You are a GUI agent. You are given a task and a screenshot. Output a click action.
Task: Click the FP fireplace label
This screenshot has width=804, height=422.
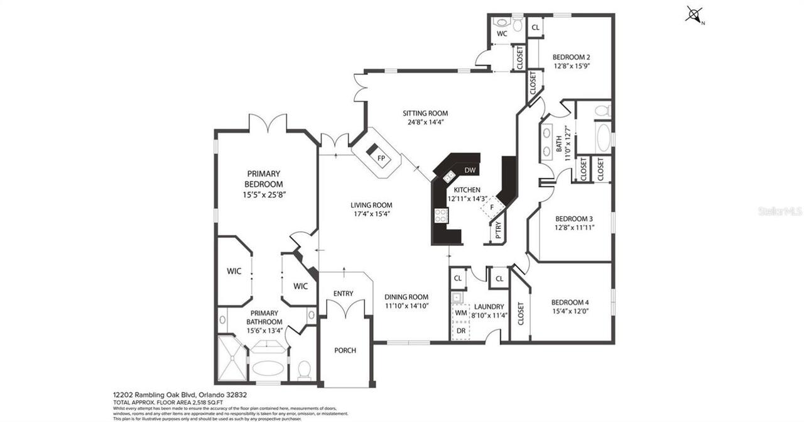coord(381,158)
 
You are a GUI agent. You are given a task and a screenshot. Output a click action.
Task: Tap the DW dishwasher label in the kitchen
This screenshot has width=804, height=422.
coord(469,170)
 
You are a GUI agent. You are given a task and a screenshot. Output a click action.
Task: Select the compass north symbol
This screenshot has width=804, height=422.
coord(694,14)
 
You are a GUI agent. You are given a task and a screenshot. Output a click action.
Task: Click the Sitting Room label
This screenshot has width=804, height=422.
coord(425,113)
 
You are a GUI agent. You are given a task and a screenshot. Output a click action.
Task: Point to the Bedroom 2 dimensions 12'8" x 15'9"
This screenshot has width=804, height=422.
coord(571,65)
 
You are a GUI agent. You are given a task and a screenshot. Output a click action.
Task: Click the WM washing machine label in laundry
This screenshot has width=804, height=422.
coord(461,313)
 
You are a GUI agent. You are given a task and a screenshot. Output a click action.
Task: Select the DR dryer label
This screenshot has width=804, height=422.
coord(461,330)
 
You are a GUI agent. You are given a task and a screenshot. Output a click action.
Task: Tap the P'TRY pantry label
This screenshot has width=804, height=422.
coord(498,232)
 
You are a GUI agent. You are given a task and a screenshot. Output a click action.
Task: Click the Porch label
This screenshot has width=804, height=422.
coord(345,350)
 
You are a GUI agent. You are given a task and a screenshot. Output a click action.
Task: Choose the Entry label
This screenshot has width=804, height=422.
coord(343,293)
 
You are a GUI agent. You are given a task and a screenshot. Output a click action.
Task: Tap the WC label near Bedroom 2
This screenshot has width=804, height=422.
coord(502,34)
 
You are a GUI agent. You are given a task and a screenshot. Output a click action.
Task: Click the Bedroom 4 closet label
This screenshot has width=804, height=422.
coord(520,314)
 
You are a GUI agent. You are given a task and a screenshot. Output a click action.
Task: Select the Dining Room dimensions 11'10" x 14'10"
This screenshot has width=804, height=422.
coord(406,306)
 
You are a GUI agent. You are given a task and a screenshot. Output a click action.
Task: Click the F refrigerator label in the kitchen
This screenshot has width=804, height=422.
coord(492,207)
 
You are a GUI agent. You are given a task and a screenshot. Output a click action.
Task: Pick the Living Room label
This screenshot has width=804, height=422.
coord(371,204)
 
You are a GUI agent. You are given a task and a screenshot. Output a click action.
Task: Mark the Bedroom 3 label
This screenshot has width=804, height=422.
coord(573,219)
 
